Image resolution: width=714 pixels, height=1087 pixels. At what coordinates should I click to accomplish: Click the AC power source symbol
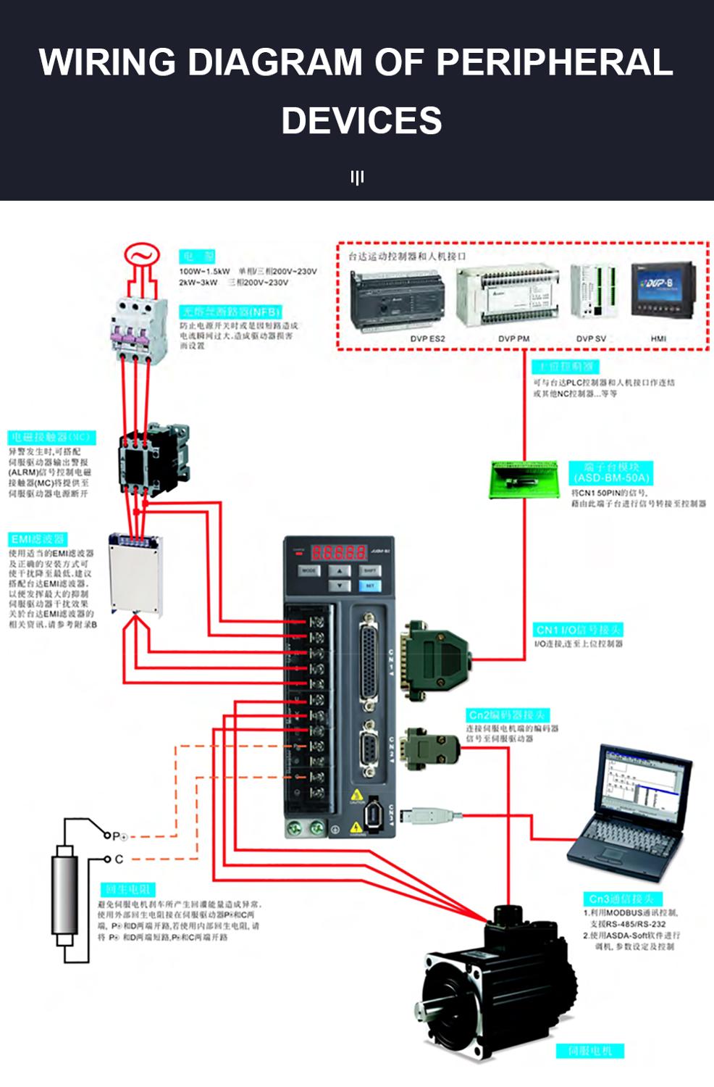click(x=142, y=255)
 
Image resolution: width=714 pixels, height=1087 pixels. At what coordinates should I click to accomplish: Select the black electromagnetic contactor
click(x=154, y=455)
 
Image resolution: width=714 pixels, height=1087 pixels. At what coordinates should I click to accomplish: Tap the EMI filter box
click(x=135, y=573)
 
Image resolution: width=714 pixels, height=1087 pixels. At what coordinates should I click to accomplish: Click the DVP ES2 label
click(x=427, y=338)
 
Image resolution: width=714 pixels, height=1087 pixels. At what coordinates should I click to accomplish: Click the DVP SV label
click(x=591, y=338)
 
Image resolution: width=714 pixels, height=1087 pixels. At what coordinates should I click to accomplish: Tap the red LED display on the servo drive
click(x=338, y=552)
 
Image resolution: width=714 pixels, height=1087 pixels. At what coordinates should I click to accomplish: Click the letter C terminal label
click(x=119, y=859)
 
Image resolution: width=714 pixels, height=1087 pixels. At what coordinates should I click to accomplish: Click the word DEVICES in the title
click(x=361, y=120)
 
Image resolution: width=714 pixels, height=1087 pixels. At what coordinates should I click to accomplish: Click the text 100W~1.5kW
click(x=204, y=272)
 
